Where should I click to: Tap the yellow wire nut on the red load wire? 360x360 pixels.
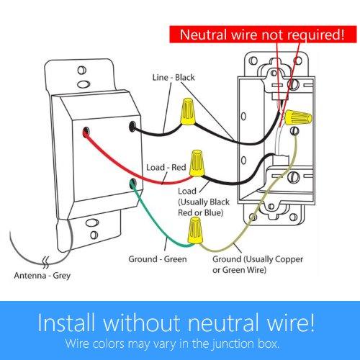(x=194, y=158)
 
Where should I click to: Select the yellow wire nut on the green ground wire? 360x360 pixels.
(x=192, y=231)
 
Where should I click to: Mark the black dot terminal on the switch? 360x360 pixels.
(x=134, y=126)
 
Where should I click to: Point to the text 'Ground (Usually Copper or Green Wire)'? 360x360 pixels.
(x=245, y=263)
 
